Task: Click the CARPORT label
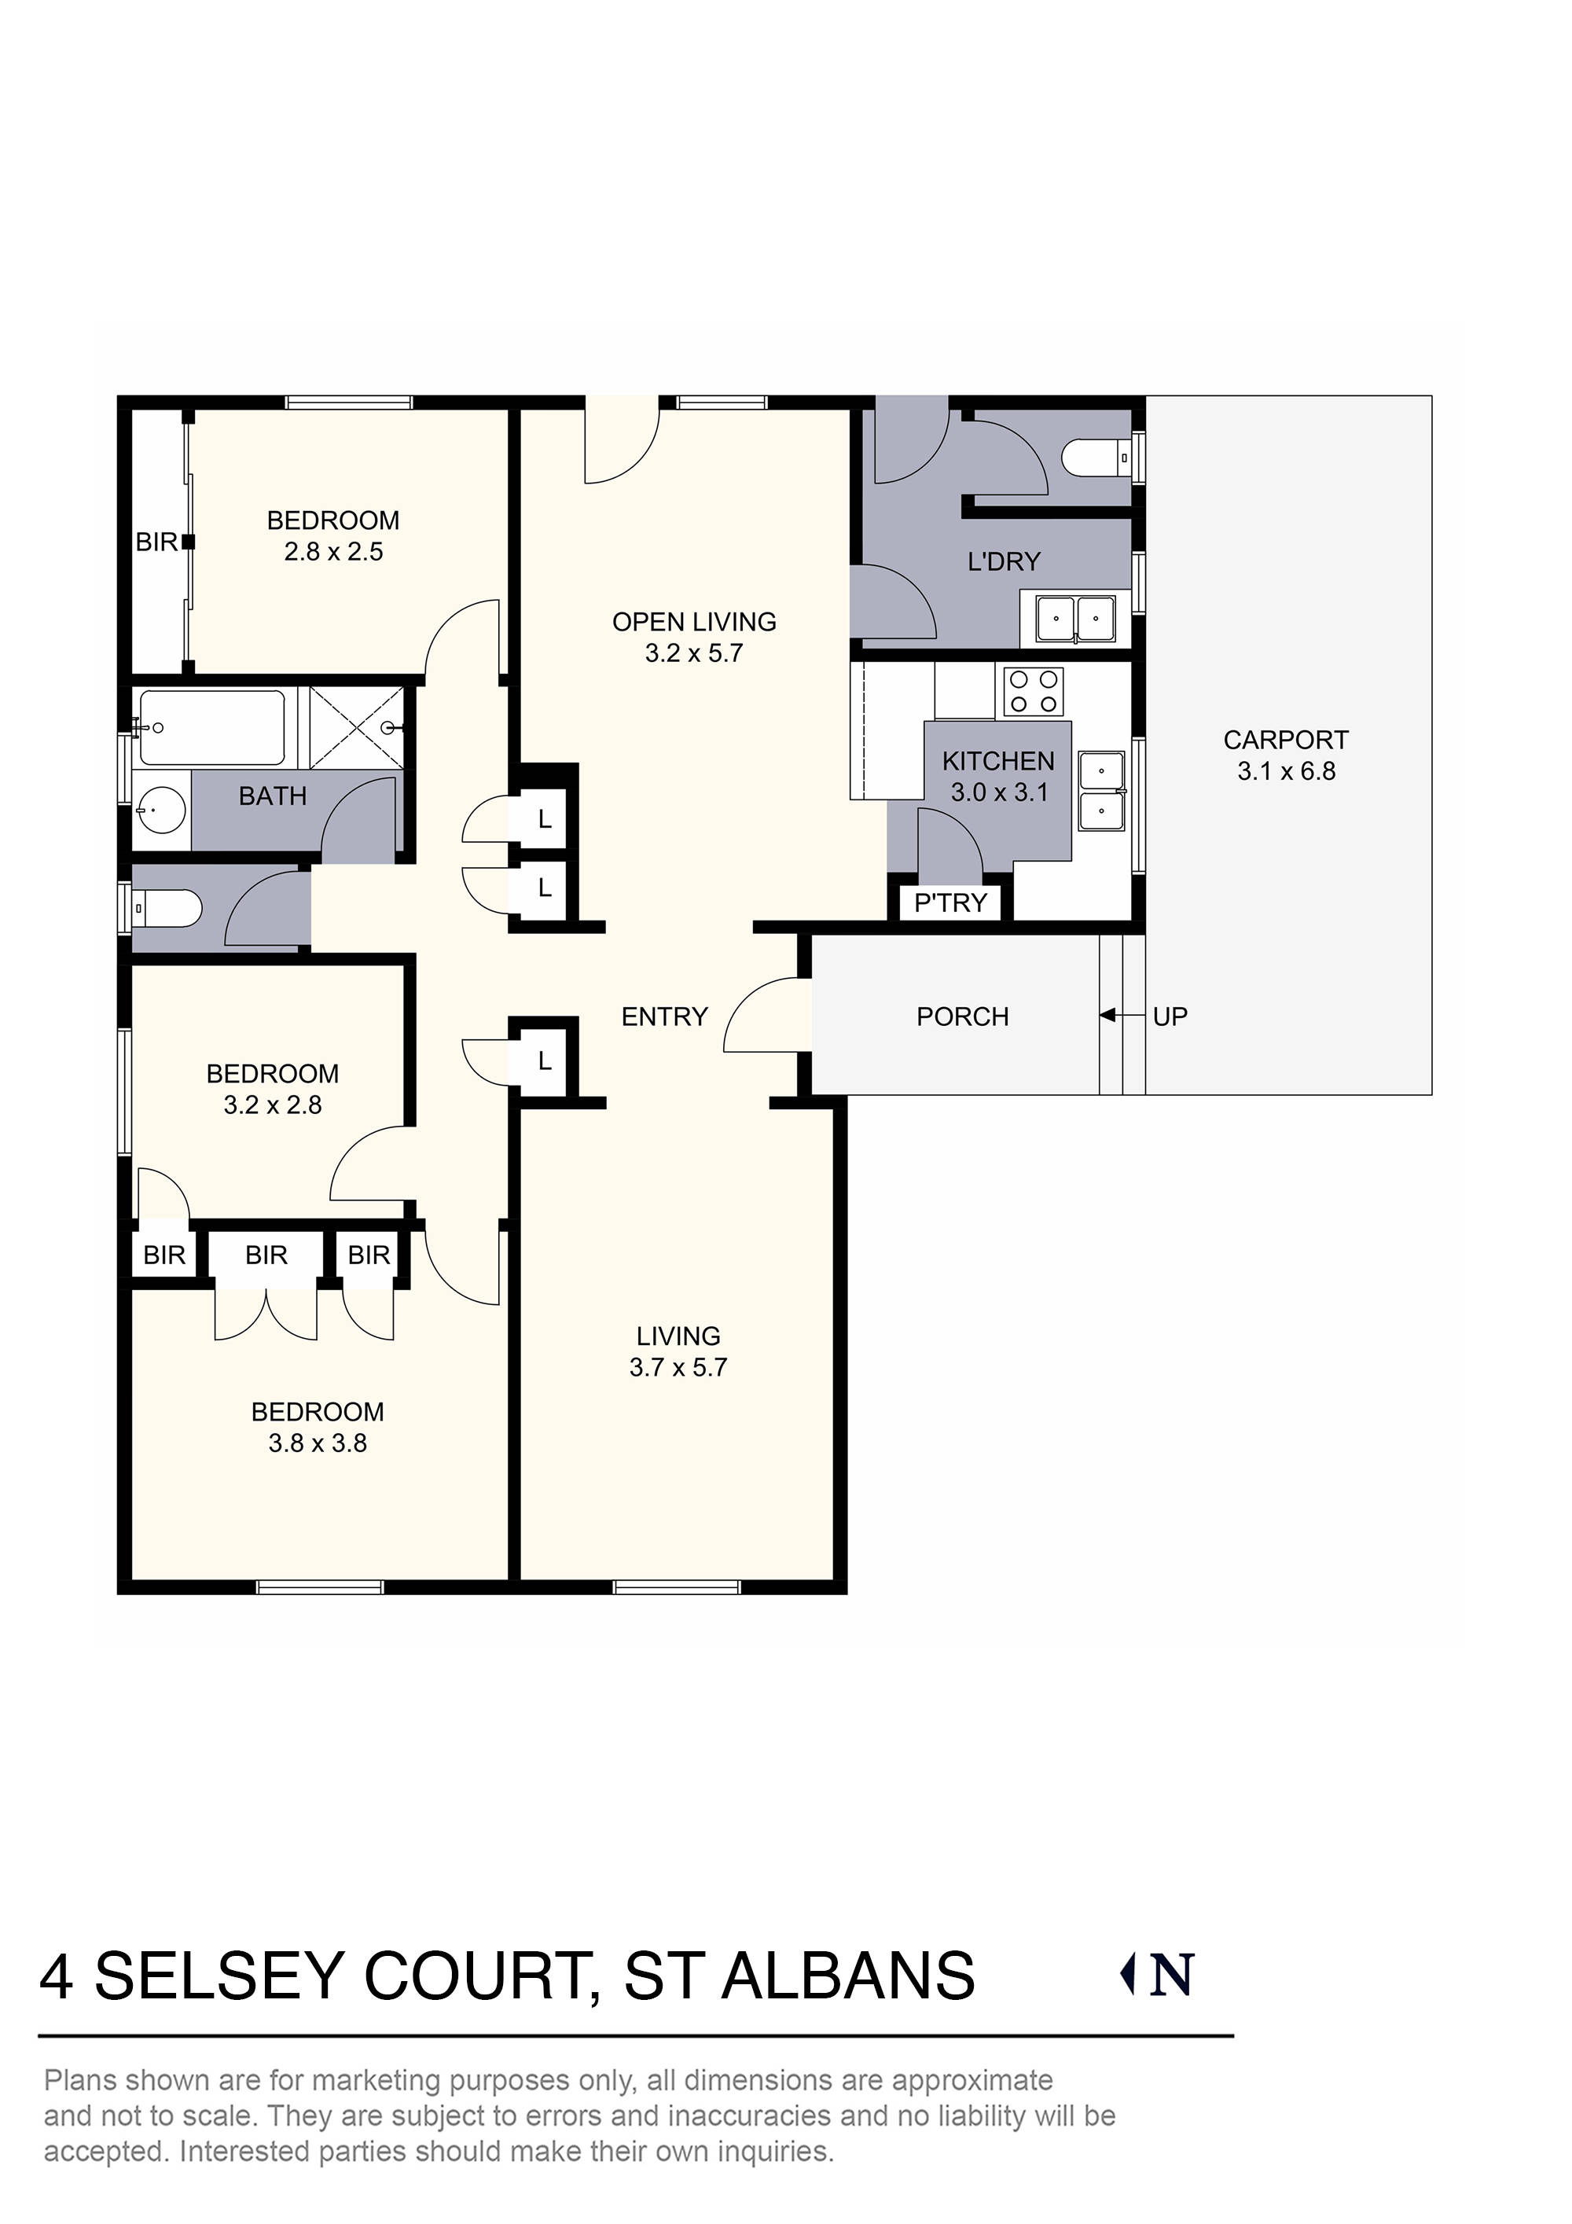coord(1285,740)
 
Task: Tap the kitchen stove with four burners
coord(1034,692)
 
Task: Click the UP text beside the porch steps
coord(1170,1016)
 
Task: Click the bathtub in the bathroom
coord(212,726)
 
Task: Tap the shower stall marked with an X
coord(356,726)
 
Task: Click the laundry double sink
coord(1075,619)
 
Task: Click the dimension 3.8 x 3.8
coord(318,1443)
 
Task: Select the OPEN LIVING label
coord(693,622)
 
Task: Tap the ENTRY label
coord(664,1016)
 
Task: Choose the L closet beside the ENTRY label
coord(545,1061)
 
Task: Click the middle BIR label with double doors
coord(266,1255)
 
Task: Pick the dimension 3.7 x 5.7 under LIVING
coord(678,1367)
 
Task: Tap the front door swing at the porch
coord(766,1015)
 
